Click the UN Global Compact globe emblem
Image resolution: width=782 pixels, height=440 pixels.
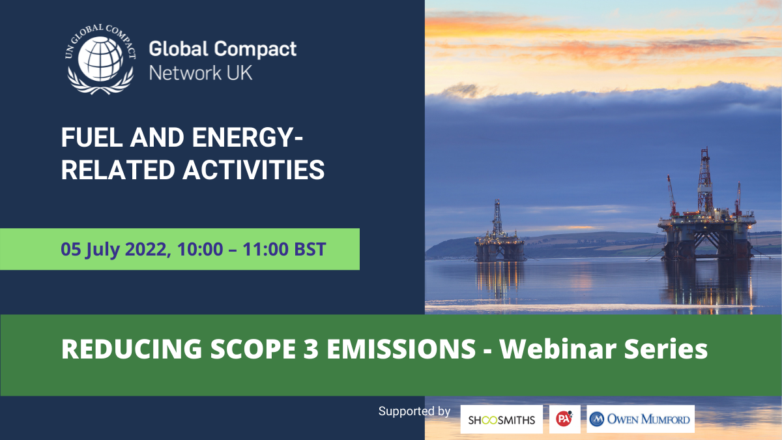click(100, 59)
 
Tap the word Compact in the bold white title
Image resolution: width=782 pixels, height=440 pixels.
click(255, 50)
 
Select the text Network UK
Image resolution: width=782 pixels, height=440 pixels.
click(201, 73)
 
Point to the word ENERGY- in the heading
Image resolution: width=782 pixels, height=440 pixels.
click(247, 138)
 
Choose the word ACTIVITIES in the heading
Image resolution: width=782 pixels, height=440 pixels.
click(253, 170)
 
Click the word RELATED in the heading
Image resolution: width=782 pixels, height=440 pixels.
click(118, 170)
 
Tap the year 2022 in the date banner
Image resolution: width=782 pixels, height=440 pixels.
click(145, 249)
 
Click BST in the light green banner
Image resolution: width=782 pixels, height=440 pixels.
click(310, 249)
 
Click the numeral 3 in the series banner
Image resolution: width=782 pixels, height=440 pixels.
click(311, 349)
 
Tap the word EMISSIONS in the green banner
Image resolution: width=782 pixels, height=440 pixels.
click(401, 349)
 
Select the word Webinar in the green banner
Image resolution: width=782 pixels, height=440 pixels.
click(558, 349)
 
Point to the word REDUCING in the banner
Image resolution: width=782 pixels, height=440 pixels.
click(132, 349)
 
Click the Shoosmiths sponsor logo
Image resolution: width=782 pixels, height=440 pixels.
click(501, 419)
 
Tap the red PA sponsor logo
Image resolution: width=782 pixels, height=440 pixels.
click(564, 418)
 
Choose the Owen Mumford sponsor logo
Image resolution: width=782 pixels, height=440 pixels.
click(640, 418)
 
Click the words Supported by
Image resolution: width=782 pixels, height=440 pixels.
click(414, 411)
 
